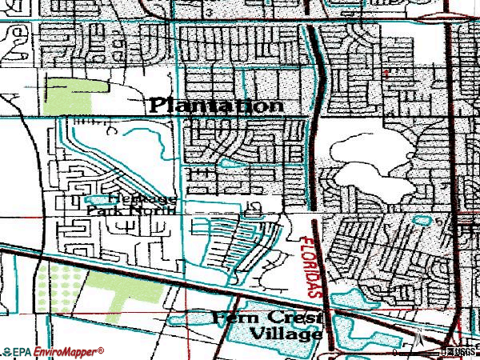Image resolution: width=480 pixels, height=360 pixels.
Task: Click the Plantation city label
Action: pyautogui.click(x=216, y=105)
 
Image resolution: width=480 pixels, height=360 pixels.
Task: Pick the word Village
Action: pyautogui.click(x=285, y=333)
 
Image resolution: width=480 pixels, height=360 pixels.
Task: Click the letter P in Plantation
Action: pyautogui.click(x=159, y=105)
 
